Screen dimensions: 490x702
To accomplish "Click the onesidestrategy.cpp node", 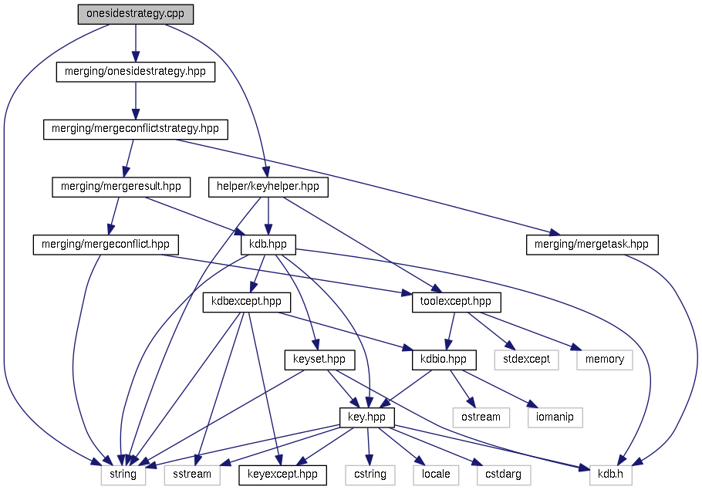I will point(135,15).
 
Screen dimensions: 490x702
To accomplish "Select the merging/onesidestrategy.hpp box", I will point(135,72).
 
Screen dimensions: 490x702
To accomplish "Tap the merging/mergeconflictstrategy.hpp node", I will point(135,129).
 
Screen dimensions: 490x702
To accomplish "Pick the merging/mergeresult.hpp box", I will point(120,187).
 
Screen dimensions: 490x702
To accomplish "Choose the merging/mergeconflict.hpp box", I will point(106,245).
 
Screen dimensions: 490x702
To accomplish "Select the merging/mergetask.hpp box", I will point(592,245).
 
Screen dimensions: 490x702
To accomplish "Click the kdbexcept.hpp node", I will point(241,302).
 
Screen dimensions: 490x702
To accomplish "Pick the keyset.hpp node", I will point(319,360).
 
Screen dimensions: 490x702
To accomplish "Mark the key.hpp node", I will point(367,417).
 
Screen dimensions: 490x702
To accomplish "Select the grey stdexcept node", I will point(526,360).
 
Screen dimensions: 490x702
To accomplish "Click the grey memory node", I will point(604,360).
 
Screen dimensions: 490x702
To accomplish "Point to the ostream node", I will point(480,417).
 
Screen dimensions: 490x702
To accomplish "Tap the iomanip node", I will point(555,417).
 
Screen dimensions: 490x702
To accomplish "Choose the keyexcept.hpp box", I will point(282,474).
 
